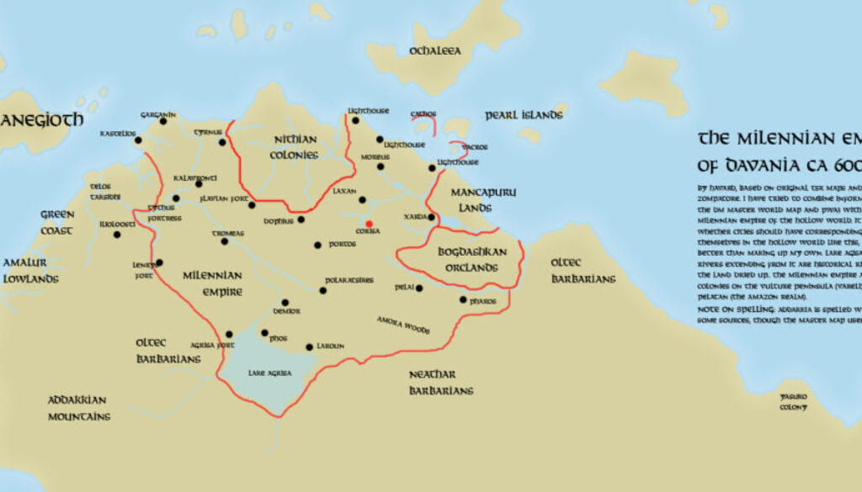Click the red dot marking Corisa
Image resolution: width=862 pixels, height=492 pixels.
tap(369, 224)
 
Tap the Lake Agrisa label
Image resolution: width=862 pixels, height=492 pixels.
tap(268, 372)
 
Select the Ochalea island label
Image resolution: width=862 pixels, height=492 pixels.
tap(435, 51)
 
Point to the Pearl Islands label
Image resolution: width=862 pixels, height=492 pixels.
tap(524, 115)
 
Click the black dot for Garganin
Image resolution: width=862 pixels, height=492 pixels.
tap(163, 121)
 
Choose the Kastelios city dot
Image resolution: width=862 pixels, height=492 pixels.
tap(138, 140)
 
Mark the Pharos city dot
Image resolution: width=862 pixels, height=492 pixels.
tap(463, 300)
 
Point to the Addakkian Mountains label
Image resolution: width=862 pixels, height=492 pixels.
tap(78, 408)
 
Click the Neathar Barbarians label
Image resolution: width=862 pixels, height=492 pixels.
tap(440, 382)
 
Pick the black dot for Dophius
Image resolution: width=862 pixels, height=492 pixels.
tap(301, 220)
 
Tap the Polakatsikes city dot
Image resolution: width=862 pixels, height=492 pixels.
tap(323, 291)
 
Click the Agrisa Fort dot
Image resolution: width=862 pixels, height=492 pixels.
tap(229, 334)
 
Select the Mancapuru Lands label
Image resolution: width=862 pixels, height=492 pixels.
tap(483, 198)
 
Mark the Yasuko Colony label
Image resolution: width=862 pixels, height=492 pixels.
tap(793, 401)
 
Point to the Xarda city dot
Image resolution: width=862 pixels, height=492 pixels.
tap(431, 217)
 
